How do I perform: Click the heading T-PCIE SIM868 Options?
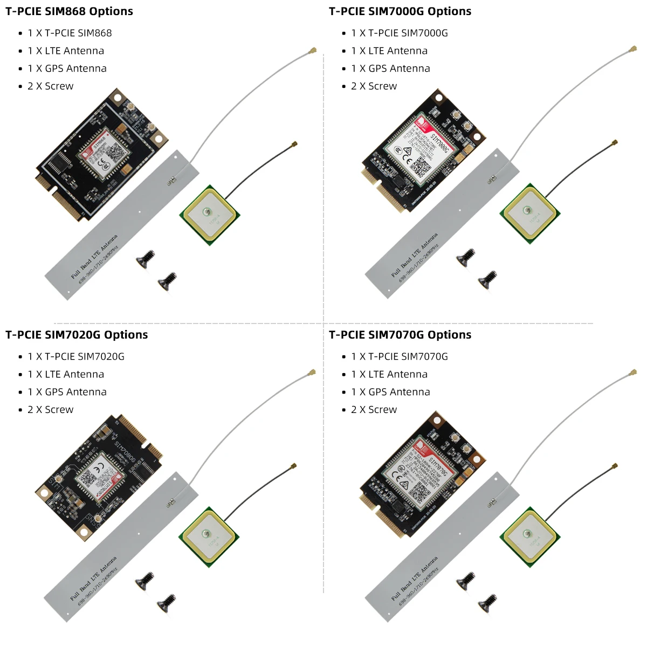point(69,11)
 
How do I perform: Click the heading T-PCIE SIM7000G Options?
point(400,11)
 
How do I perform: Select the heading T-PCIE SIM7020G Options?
point(77,335)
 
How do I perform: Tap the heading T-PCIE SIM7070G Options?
point(400,335)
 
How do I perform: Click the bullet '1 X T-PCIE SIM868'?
point(70,33)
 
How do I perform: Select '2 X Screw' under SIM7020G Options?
point(50,410)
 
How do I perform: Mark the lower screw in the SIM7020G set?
point(167,603)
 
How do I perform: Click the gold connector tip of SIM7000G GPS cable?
point(614,143)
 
